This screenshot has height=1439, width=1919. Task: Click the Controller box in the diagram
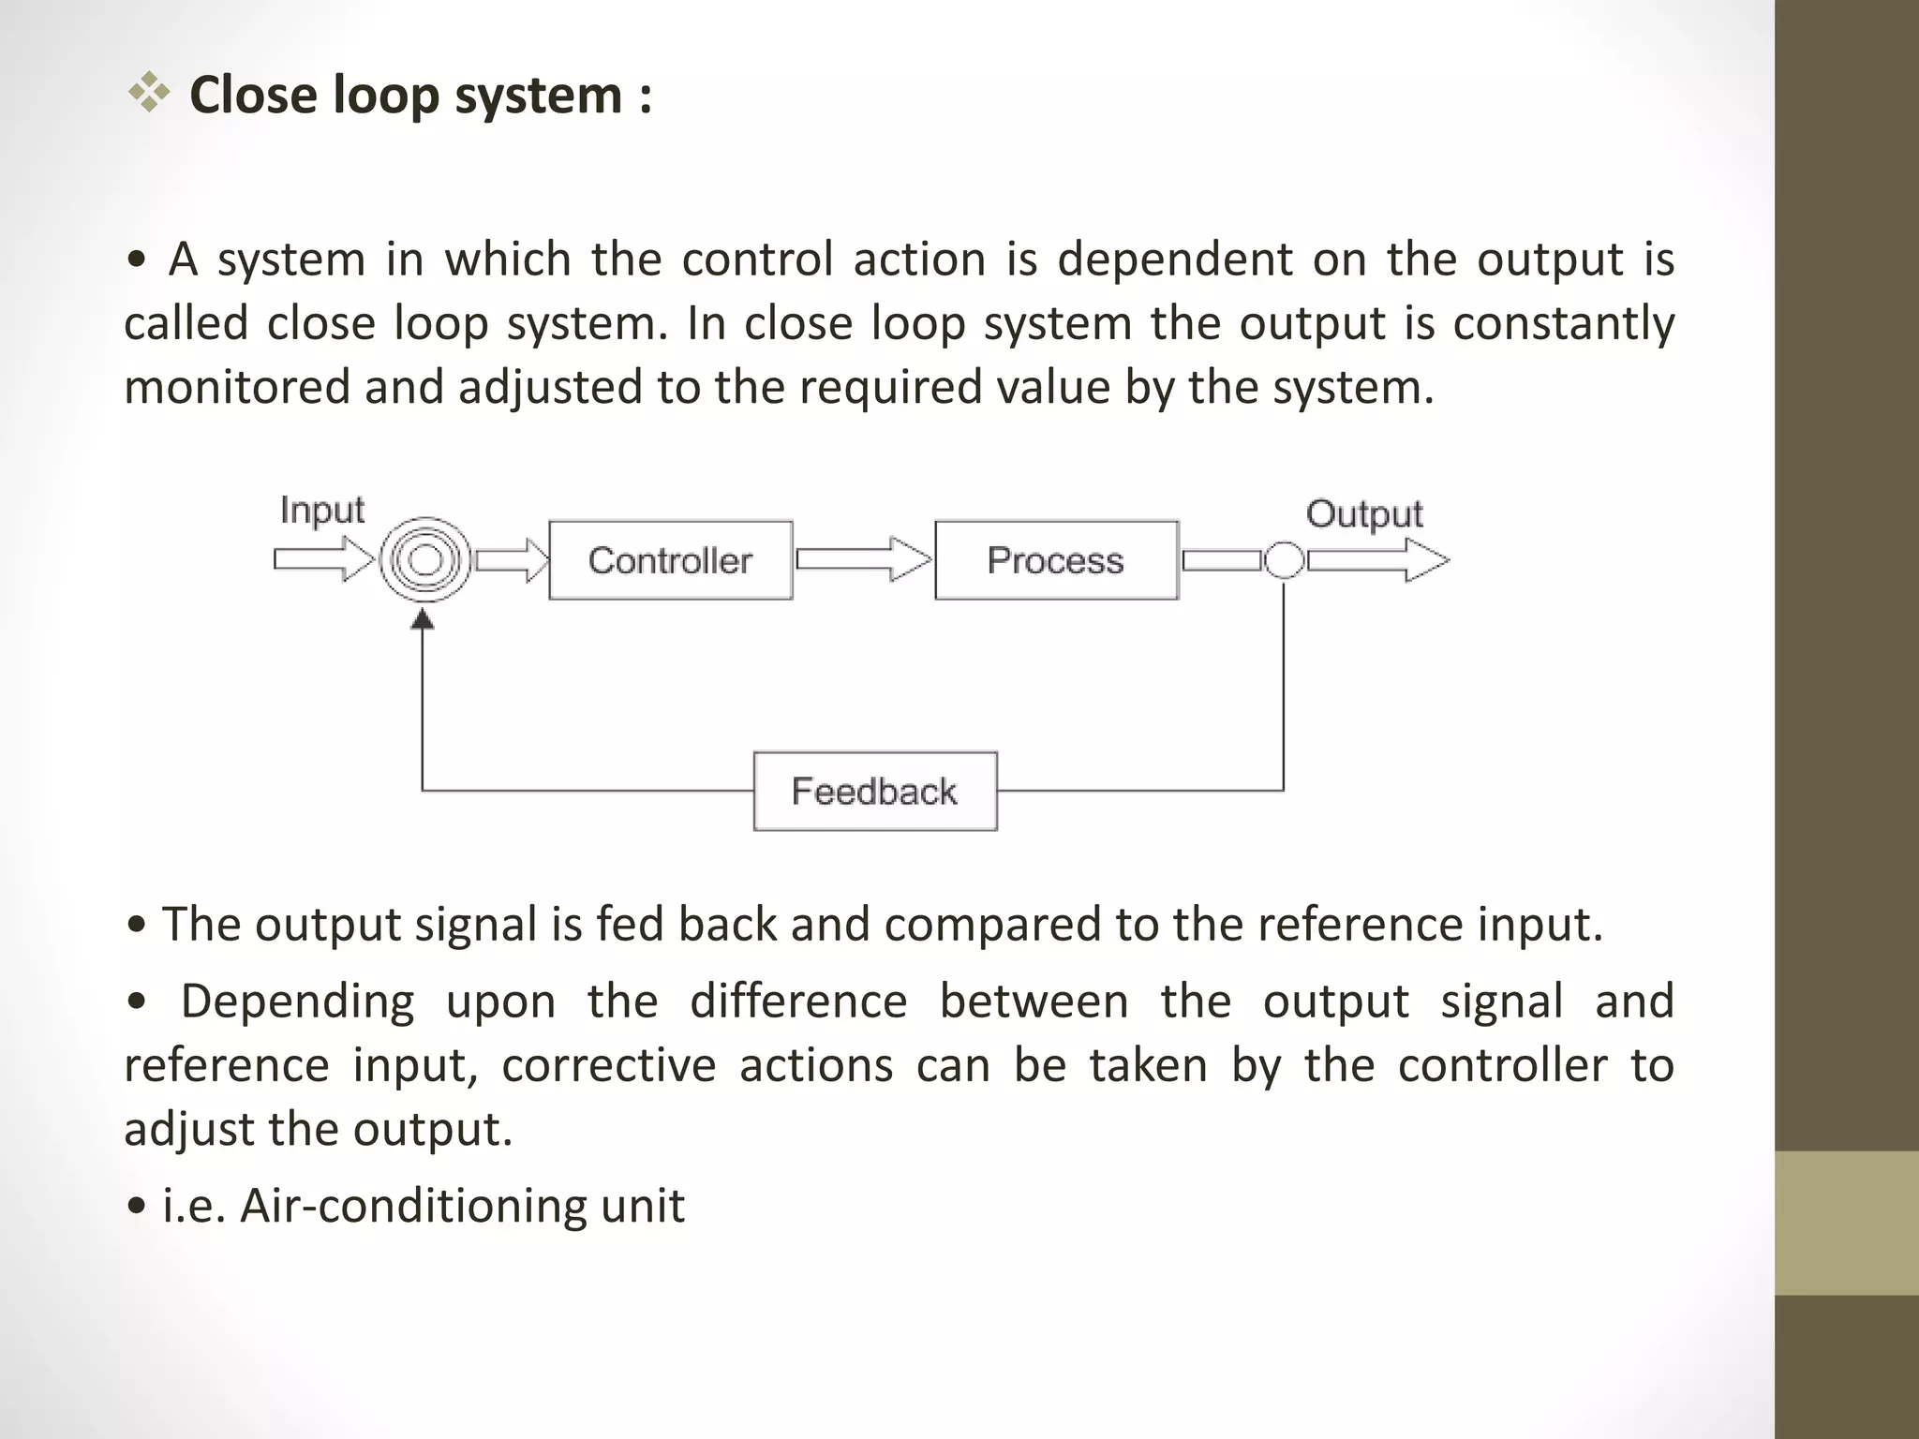pyautogui.click(x=670, y=560)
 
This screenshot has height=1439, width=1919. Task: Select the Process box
pyautogui.click(x=1056, y=560)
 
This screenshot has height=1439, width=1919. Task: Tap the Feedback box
pyautogui.click(x=875, y=791)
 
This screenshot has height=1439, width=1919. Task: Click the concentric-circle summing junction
pyautogui.click(x=424, y=560)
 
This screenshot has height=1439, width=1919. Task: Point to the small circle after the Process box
pyautogui.click(x=1284, y=560)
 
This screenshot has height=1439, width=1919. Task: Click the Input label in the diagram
pyautogui.click(x=321, y=511)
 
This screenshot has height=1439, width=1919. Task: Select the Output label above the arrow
pyautogui.click(x=1363, y=514)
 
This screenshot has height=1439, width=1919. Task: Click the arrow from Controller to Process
pyautogui.click(x=863, y=559)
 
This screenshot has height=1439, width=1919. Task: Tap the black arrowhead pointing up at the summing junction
pyautogui.click(x=424, y=618)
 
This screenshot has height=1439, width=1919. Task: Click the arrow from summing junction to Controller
pyautogui.click(x=512, y=560)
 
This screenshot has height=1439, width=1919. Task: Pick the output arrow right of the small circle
pyautogui.click(x=1377, y=560)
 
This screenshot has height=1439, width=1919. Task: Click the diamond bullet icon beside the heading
pyautogui.click(x=149, y=94)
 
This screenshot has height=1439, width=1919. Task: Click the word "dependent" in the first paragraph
pyautogui.click(x=1174, y=260)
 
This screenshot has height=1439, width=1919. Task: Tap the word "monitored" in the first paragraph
pyautogui.click(x=236, y=387)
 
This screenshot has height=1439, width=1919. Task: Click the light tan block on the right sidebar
pyautogui.click(x=1847, y=1223)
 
